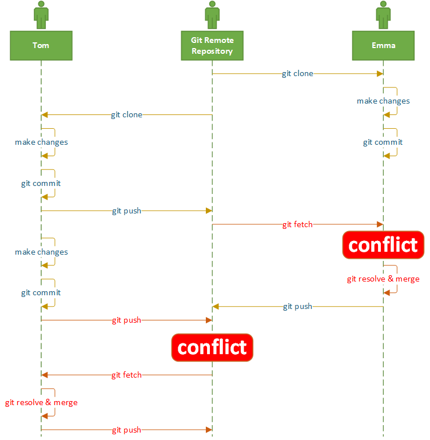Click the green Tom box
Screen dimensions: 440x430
coord(41,45)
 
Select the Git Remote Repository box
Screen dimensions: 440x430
coord(212,45)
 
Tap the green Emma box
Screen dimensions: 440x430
coord(383,45)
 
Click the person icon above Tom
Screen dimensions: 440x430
coord(41,15)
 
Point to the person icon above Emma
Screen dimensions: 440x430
coord(383,15)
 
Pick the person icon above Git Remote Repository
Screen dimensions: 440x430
coord(212,15)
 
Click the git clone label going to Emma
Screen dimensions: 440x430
coord(297,74)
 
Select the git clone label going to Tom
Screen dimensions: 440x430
coord(126,115)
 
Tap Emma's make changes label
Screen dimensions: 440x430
coord(383,101)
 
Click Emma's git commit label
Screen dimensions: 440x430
coord(383,142)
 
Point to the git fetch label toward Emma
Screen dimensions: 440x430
coord(297,225)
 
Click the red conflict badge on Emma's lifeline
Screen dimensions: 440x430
coord(383,245)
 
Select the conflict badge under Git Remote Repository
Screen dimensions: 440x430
coord(212,347)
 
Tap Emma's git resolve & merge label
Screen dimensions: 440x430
coord(383,279)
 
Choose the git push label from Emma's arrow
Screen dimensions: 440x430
coord(297,307)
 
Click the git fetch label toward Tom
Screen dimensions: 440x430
coord(126,375)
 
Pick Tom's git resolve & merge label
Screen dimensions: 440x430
coord(41,403)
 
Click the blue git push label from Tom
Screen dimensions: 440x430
coord(126,211)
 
